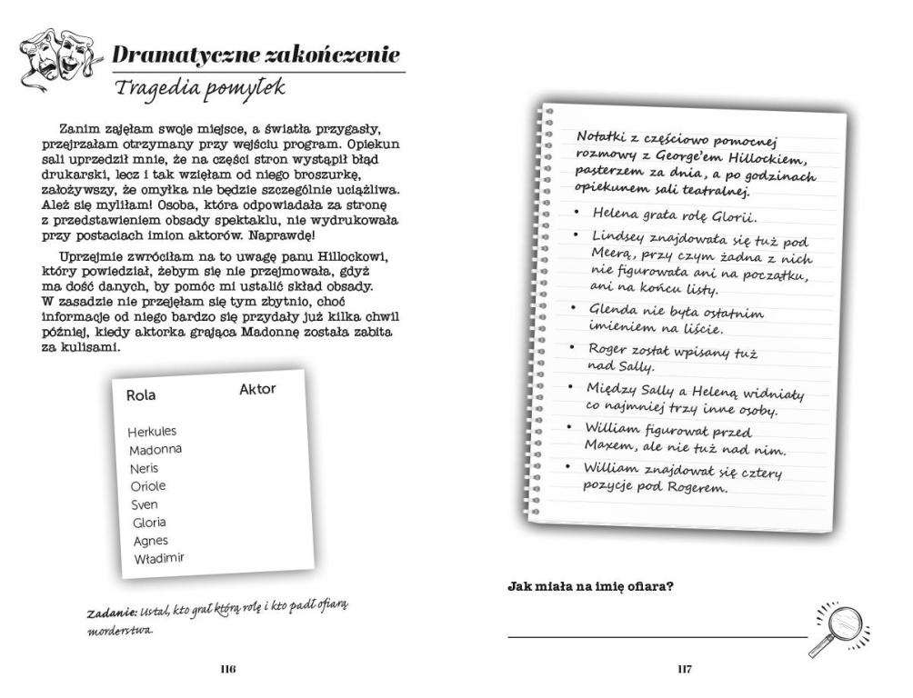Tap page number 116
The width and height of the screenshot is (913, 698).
pyautogui.click(x=227, y=670)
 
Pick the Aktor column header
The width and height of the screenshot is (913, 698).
pyautogui.click(x=257, y=389)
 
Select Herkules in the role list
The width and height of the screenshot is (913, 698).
pyautogui.click(x=152, y=432)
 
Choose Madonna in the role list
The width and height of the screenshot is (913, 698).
pyautogui.click(x=155, y=450)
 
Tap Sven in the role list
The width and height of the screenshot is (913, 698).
pyautogui.click(x=145, y=504)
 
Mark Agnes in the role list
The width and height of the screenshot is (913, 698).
pyautogui.click(x=150, y=541)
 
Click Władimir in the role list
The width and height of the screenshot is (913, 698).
pyautogui.click(x=158, y=558)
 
